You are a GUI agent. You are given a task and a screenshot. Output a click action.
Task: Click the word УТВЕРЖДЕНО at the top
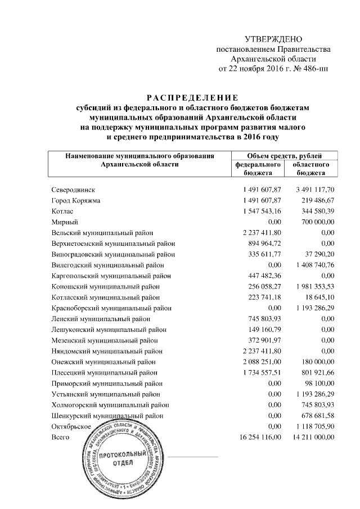[x=274, y=39]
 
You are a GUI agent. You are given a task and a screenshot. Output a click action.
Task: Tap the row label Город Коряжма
[x=75, y=201]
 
